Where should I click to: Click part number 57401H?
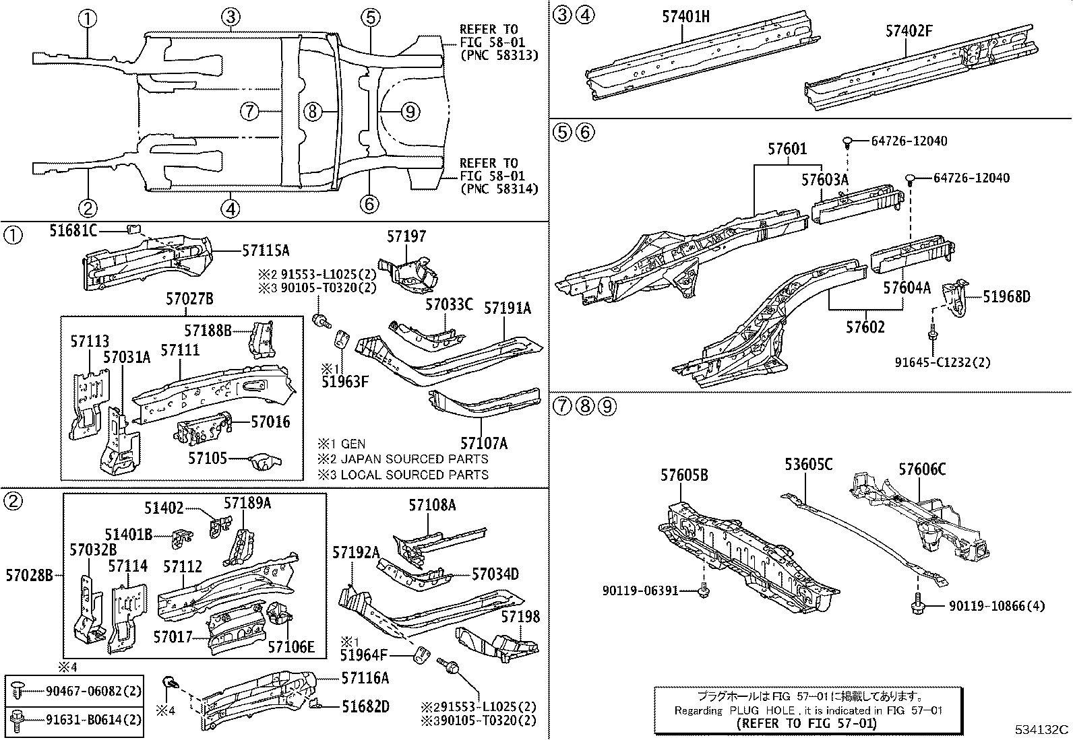point(685,16)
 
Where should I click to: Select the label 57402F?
point(909,30)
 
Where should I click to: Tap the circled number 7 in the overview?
point(250,111)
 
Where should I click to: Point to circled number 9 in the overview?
point(410,111)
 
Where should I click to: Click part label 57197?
point(406,236)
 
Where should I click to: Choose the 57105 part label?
point(208,458)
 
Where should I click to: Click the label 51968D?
point(1006,297)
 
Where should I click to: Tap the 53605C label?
point(808,465)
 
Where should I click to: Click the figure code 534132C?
point(1043,729)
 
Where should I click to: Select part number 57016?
point(270,422)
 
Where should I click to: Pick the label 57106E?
point(291,646)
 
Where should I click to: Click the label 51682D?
point(365,706)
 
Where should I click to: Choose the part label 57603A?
point(825,180)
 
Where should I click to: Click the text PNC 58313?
point(499,56)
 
